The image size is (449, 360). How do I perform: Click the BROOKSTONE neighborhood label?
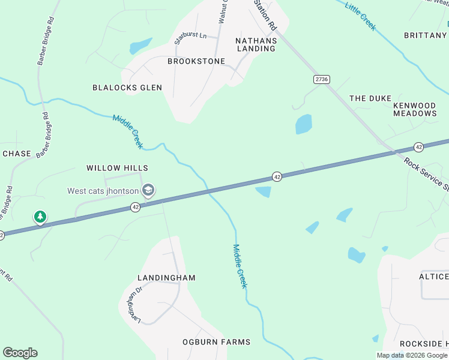pyautogui.click(x=196, y=61)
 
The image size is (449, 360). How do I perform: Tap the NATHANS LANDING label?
pyautogui.click(x=256, y=45)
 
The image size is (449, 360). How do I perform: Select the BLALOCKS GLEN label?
pyautogui.click(x=127, y=88)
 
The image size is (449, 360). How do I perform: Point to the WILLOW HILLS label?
pyautogui.click(x=117, y=168)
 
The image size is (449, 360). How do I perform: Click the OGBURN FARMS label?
pyautogui.click(x=216, y=342)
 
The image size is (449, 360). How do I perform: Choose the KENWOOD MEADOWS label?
pyautogui.click(x=415, y=109)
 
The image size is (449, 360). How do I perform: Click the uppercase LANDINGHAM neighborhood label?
pyautogui.click(x=166, y=278)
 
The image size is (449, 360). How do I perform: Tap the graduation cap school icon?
pyautogui.click(x=148, y=191)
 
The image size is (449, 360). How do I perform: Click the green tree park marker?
pyautogui.click(x=40, y=217)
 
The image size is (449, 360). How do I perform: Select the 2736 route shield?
pyautogui.click(x=322, y=79)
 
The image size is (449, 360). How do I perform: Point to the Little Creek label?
pyautogui.click(x=360, y=14)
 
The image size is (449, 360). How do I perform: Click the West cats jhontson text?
pyautogui.click(x=103, y=191)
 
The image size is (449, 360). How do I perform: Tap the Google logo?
pyautogui.click(x=20, y=353)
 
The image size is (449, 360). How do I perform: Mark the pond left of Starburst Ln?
pyautogui.click(x=140, y=46)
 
